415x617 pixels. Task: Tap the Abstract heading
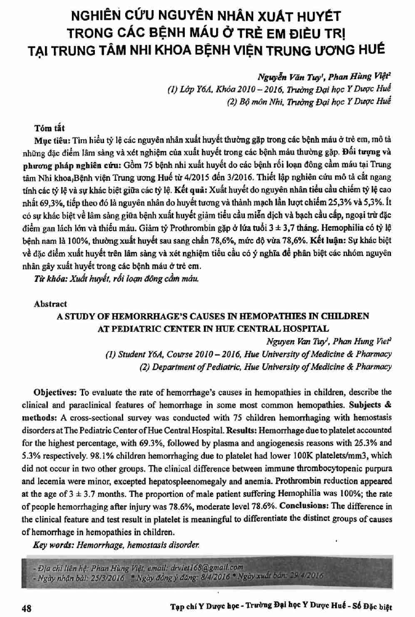coord(50,304)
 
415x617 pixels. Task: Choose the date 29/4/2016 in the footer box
coord(304,577)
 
